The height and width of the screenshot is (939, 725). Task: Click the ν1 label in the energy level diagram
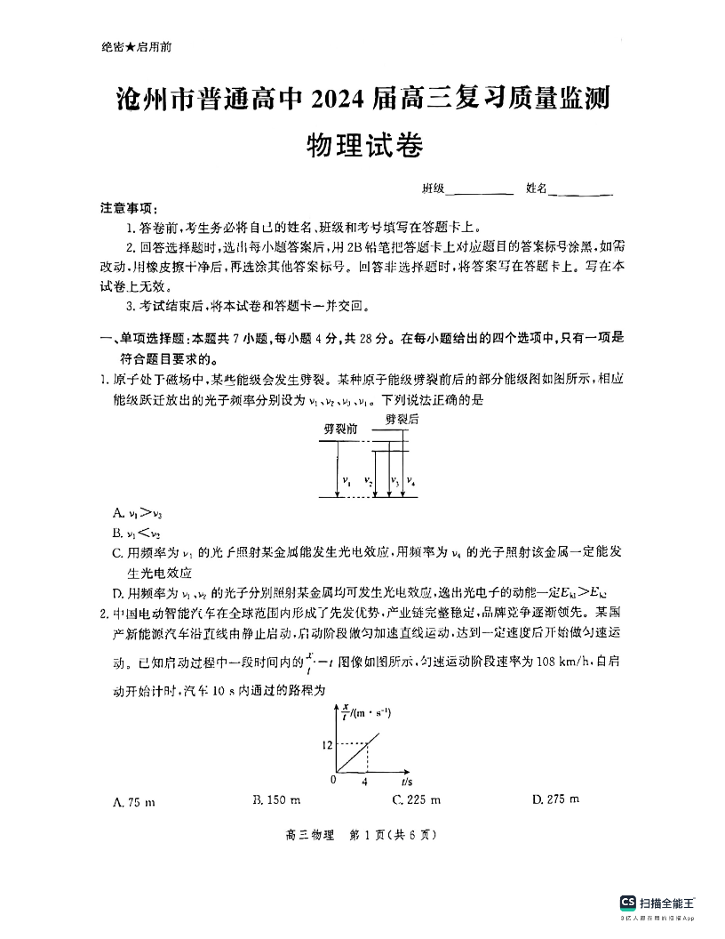pos(347,482)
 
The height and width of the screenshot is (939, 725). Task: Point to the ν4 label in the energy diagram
pos(410,481)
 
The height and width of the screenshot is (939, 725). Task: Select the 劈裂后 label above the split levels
pos(402,417)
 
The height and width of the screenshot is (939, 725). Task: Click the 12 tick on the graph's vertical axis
pos(327,743)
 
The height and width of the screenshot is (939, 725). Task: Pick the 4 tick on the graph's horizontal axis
pos(364,782)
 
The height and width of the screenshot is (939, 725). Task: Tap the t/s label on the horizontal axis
pos(406,781)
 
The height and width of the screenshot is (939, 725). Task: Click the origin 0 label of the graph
pos(332,779)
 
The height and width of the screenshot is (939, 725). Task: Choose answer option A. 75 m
pos(134,802)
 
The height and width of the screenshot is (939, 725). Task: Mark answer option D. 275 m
pos(555,799)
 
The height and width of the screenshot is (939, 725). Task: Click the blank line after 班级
pos(482,190)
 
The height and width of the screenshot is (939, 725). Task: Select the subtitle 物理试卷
pos(362,145)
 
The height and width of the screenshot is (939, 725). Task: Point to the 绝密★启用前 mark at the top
pos(137,48)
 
